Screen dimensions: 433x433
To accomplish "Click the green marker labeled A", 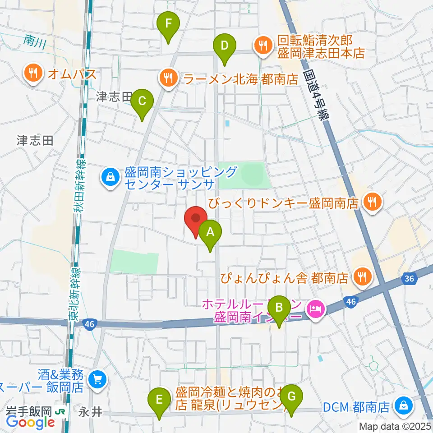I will (210, 233).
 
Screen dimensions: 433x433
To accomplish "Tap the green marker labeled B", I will (279, 309).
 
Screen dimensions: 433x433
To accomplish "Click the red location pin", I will (196, 219).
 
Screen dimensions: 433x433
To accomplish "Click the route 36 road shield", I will (409, 280).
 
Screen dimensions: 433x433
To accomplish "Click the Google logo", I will (31, 422).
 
